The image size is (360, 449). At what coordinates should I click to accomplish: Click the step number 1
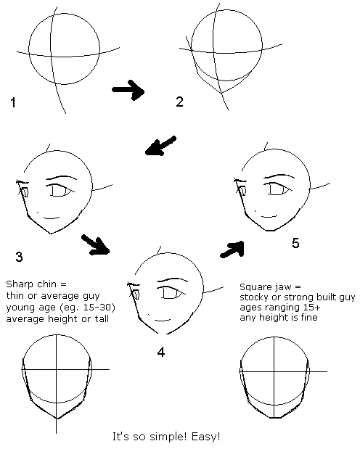pos(13,102)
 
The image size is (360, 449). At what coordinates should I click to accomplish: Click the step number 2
pos(180,102)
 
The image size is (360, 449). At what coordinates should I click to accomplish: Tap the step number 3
pos(19,257)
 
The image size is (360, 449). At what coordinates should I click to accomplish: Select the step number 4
pos(161,352)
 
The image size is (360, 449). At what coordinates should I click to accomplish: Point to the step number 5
pos(295,243)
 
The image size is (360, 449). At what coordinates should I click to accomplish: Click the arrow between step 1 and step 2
pos(128,90)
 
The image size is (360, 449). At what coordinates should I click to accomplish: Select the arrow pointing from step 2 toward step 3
pos(160,146)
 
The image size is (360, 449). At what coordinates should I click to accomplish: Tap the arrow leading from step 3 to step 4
pos(96,245)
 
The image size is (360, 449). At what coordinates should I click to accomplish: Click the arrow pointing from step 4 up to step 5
pos(232,250)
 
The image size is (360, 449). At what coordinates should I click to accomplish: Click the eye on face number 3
pos(61,190)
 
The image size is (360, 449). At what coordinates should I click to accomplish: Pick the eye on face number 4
pos(171,293)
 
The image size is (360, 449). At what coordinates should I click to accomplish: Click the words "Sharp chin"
pos(31,284)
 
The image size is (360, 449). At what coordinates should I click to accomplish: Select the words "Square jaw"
pos(266,287)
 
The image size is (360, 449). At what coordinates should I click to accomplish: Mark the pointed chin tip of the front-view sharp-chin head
pos(56,419)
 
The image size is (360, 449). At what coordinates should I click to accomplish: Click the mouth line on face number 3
pos(52,218)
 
